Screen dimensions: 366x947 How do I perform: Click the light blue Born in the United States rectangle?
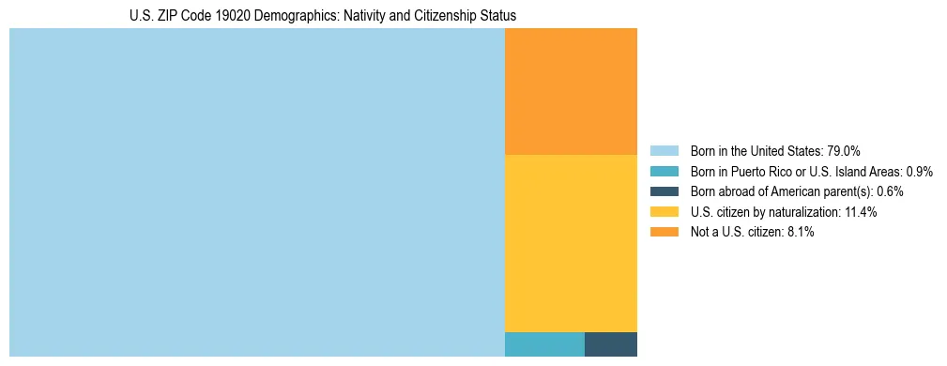click(x=256, y=192)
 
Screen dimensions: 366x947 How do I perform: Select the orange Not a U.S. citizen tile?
click(x=571, y=91)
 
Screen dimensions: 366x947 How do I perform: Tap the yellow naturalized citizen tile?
click(x=571, y=242)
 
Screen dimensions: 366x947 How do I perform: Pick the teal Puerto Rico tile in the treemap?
click(x=544, y=344)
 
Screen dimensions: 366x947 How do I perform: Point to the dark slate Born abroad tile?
click(x=611, y=344)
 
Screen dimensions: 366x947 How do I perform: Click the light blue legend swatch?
click(x=664, y=151)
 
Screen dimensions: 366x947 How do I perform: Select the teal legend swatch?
click(x=664, y=172)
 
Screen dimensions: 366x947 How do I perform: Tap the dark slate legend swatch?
click(x=664, y=191)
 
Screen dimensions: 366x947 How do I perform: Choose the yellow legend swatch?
click(x=664, y=212)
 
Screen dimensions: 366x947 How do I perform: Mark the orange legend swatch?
click(x=664, y=233)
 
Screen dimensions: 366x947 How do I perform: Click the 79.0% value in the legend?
click(x=844, y=151)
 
